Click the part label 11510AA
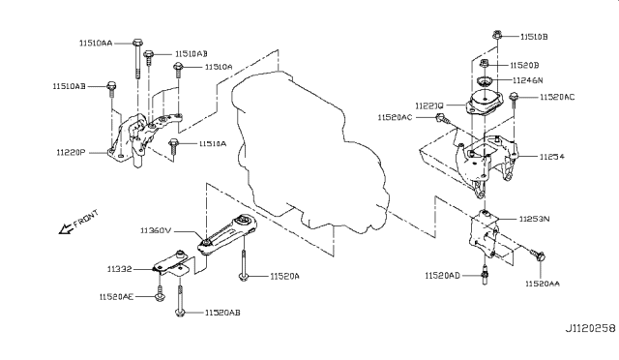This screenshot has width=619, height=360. (95, 44)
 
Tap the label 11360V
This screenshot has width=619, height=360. (157, 231)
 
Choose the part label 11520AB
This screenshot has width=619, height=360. (222, 314)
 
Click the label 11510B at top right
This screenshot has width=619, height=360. (533, 36)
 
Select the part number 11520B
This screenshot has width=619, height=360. (529, 64)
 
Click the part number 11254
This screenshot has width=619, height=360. (552, 156)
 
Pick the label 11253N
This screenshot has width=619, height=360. (535, 221)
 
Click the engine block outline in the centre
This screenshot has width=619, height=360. (290, 135)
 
